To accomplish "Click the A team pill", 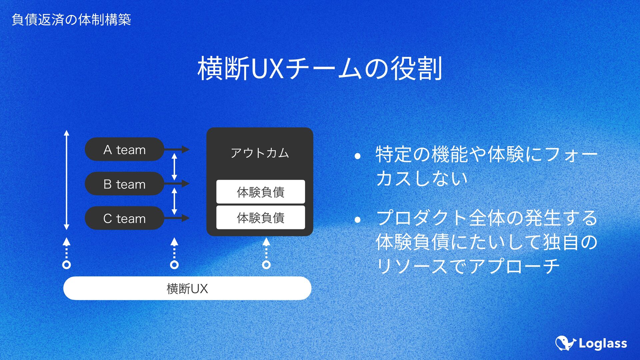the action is tap(124, 149).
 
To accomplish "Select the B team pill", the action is tap(124, 184).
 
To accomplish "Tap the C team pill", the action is tap(124, 218).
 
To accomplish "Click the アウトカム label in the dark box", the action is tap(260, 153).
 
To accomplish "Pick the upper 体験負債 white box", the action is tap(260, 192).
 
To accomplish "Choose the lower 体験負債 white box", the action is tap(260, 217).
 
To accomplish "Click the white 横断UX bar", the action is tap(187, 288).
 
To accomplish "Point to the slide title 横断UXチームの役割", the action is tap(320, 68).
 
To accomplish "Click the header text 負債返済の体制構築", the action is tap(71, 20).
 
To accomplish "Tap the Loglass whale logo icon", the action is tap(565, 343).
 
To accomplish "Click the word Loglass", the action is tap(603, 344).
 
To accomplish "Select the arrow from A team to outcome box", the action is tap(177, 149).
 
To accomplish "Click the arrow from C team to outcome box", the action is tap(177, 218).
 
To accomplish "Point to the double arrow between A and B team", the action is tap(174, 167).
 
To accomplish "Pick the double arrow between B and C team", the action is tap(174, 201).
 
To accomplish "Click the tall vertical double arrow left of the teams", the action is tap(67, 180).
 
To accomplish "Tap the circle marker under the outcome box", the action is tap(266, 265).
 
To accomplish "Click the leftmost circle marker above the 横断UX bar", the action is tap(67, 265).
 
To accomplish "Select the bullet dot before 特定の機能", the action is tap(358, 156).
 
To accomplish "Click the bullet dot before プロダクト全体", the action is tap(358, 219).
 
